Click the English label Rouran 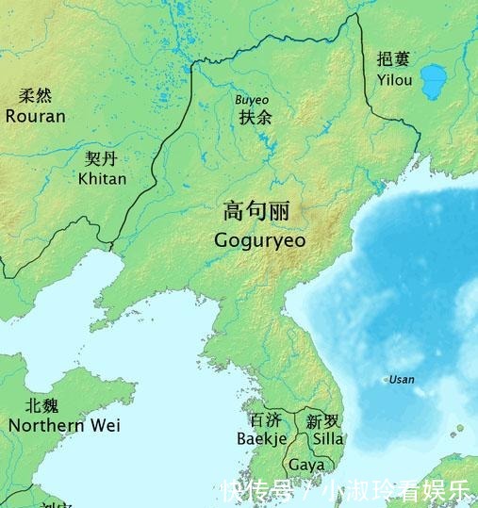click(36, 117)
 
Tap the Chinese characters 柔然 click(36, 96)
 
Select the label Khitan click(103, 178)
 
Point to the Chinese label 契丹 click(102, 158)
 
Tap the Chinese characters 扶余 click(255, 119)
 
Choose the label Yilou click(394, 80)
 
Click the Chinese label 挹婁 click(393, 59)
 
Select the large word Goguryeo click(260, 239)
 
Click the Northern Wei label click(64, 425)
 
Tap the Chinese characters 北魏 click(41, 405)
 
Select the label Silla click(327, 438)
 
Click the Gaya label click(306, 465)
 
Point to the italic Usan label click(402, 380)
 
